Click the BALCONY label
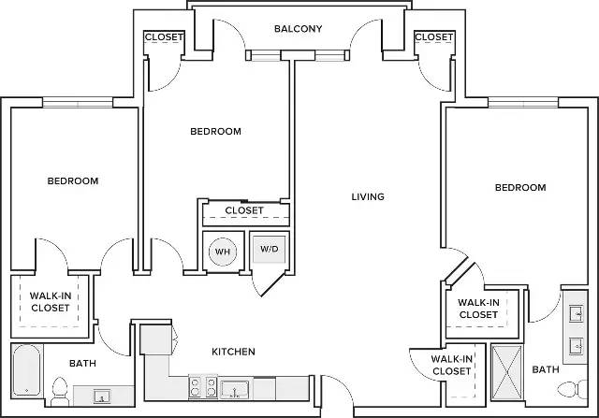pos(298,29)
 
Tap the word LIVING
pos(368,196)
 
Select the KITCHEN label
pos(233,352)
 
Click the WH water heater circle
pos(223,252)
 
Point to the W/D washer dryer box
pos(270,250)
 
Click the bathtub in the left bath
pos(26,370)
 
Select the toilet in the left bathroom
pos(59,392)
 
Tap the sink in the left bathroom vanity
pos(102,396)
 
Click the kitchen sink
pos(235,389)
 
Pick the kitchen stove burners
pos(203,387)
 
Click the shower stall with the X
pos(506,372)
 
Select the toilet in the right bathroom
pos(572,389)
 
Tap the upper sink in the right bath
pos(577,314)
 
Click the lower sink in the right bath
pos(577,346)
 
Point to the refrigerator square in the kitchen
pos(155,339)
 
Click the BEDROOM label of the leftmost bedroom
pos(73,180)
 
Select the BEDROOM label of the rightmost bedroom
pos(520,187)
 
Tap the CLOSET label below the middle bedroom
pos(244,210)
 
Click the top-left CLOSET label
pos(164,37)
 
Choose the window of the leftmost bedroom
pos(78,103)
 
